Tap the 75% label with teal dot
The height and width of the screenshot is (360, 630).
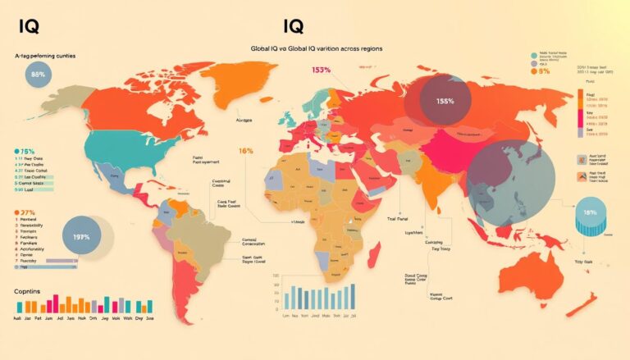click(x=25, y=152)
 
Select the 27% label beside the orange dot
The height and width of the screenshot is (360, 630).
click(x=25, y=212)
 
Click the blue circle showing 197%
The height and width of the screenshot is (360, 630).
click(x=82, y=237)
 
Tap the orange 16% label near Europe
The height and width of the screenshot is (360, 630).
click(x=245, y=151)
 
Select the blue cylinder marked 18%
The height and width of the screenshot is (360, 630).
click(x=588, y=215)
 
